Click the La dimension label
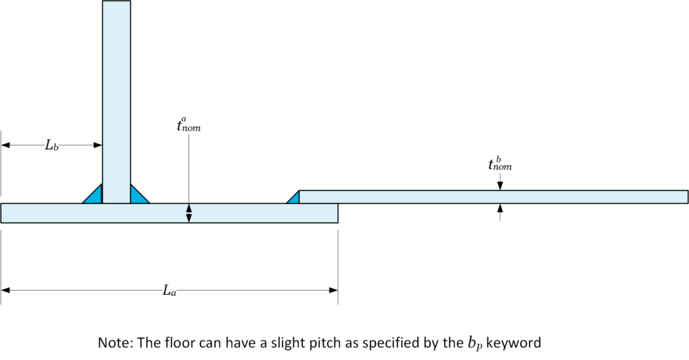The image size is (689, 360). [x=170, y=291]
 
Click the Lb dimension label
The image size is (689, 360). [x=51, y=145]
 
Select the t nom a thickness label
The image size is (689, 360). [x=188, y=124]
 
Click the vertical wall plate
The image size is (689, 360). [x=116, y=102]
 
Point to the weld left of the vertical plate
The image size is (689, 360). [x=92, y=194]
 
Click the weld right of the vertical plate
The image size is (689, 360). [x=140, y=194]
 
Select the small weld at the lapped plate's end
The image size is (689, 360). [x=293, y=197]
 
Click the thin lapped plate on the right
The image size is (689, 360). [x=493, y=197]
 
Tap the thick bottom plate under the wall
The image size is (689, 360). [x=169, y=213]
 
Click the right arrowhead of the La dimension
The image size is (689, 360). [x=334, y=290]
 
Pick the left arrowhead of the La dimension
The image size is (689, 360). [x=5, y=290]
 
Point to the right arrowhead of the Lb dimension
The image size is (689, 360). [x=98, y=145]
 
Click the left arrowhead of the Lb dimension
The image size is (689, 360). [x=5, y=145]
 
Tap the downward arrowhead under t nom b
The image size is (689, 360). [x=500, y=186]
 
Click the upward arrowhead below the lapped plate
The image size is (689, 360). [x=500, y=208]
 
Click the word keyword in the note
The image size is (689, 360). [x=513, y=343]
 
